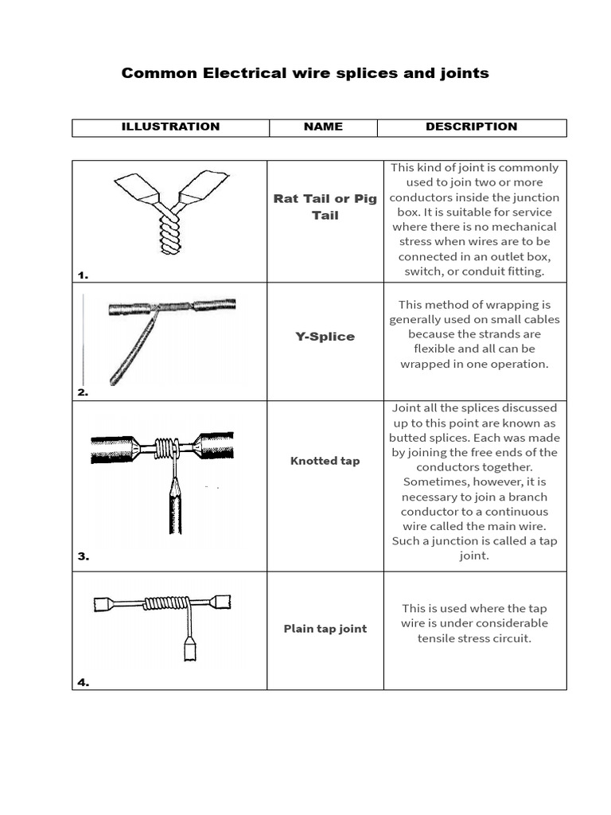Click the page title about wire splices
pyautogui.click(x=305, y=73)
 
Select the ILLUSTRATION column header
pyautogui.click(x=170, y=127)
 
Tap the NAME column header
pyautogui.click(x=323, y=127)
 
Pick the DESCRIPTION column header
pyautogui.click(x=471, y=127)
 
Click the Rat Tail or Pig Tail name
pyautogui.click(x=325, y=207)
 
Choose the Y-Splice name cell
pyautogui.click(x=325, y=337)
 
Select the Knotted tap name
pyautogui.click(x=325, y=462)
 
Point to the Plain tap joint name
pyautogui.click(x=325, y=629)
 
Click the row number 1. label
pyautogui.click(x=83, y=275)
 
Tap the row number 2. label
pyautogui.click(x=83, y=392)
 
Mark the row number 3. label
pyautogui.click(x=83, y=557)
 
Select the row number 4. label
pyautogui.click(x=83, y=682)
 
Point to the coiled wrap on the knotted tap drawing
pyautogui.click(x=165, y=448)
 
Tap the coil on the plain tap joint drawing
pyautogui.click(x=167, y=604)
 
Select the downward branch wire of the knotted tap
pyautogui.click(x=174, y=505)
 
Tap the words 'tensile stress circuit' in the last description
pyautogui.click(x=474, y=638)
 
